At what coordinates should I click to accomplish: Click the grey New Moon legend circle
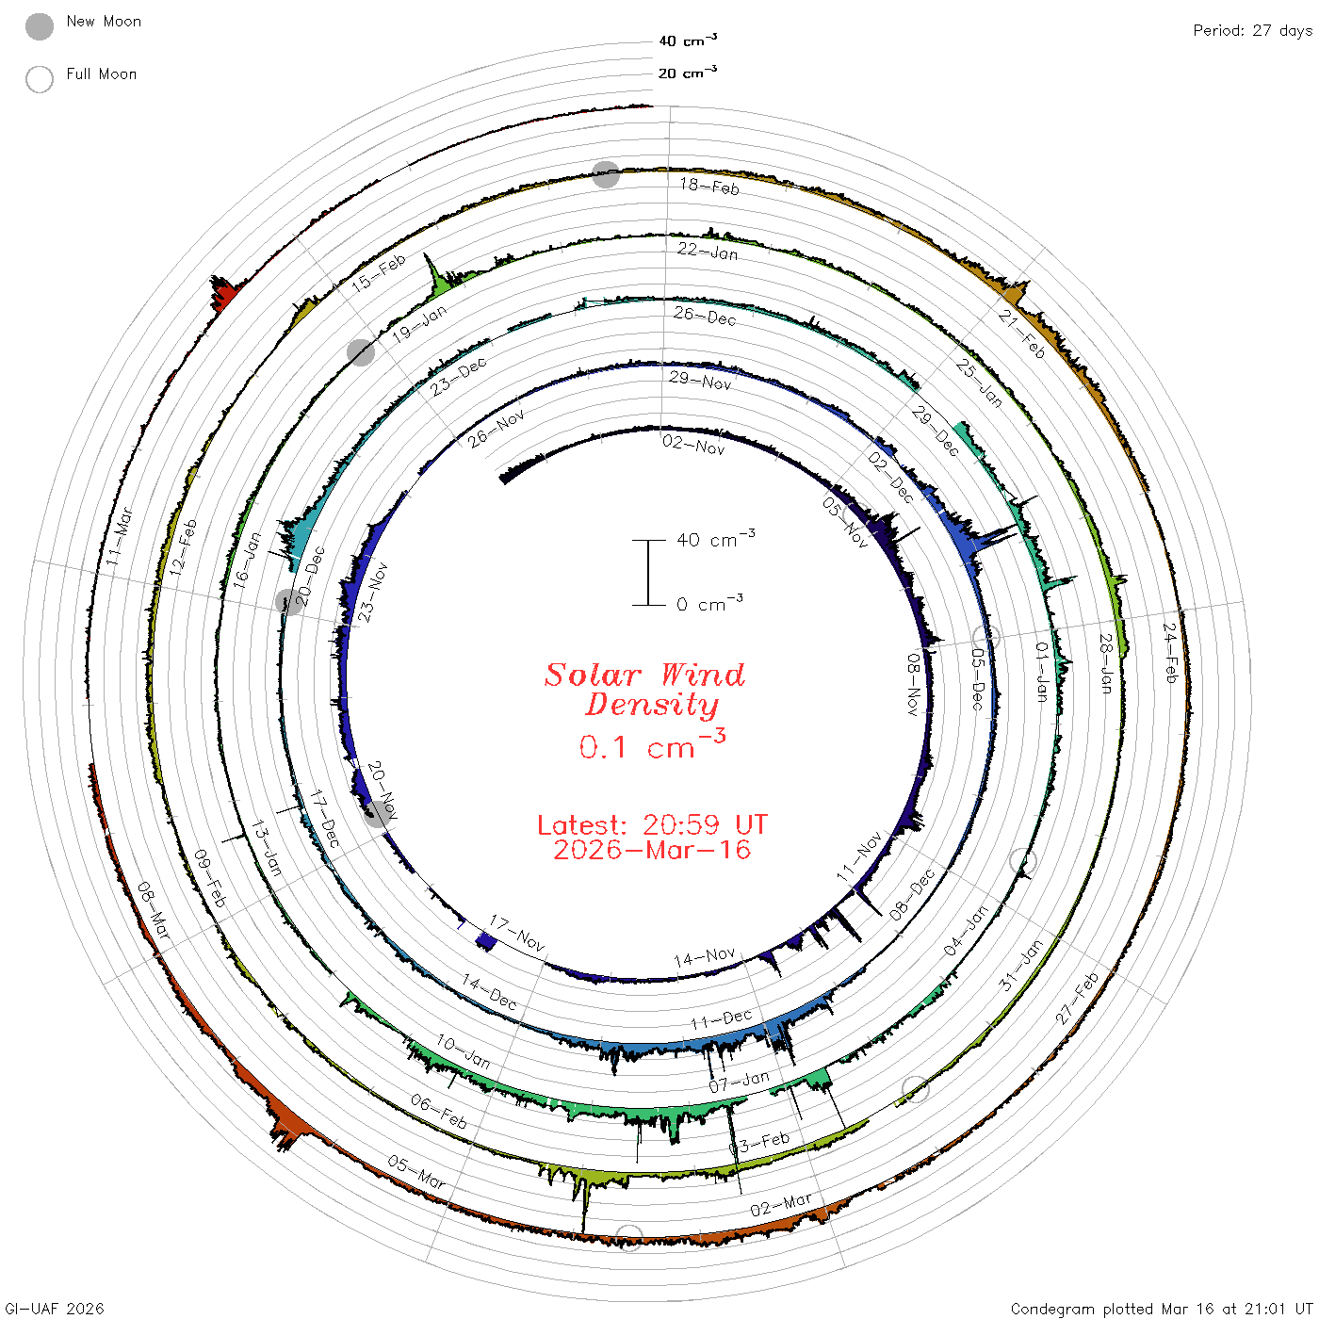(x=40, y=26)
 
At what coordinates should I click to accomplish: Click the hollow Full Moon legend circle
(x=40, y=79)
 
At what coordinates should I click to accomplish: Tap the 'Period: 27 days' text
(x=1253, y=31)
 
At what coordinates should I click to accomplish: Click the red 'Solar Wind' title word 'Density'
(x=652, y=705)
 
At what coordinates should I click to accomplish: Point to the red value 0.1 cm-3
(x=652, y=744)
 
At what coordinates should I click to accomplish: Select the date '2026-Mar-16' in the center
(x=652, y=850)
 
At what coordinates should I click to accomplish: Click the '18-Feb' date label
(x=709, y=187)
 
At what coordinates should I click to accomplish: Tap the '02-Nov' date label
(x=693, y=446)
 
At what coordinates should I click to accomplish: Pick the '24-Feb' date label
(x=1171, y=653)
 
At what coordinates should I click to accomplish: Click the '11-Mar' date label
(x=119, y=537)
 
